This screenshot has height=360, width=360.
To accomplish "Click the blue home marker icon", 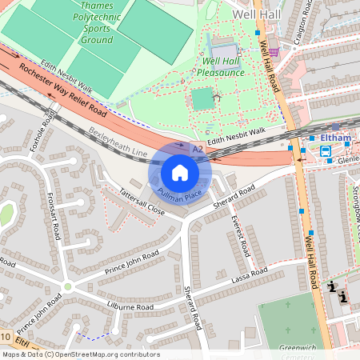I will pos(180,173).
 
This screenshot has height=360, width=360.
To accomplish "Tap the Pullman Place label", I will pos(179,194).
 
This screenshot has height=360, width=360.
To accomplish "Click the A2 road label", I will pos(198,149).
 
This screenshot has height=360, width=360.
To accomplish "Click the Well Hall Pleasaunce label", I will pos(223,66).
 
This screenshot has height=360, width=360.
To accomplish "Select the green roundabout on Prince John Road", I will pos(67,286).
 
